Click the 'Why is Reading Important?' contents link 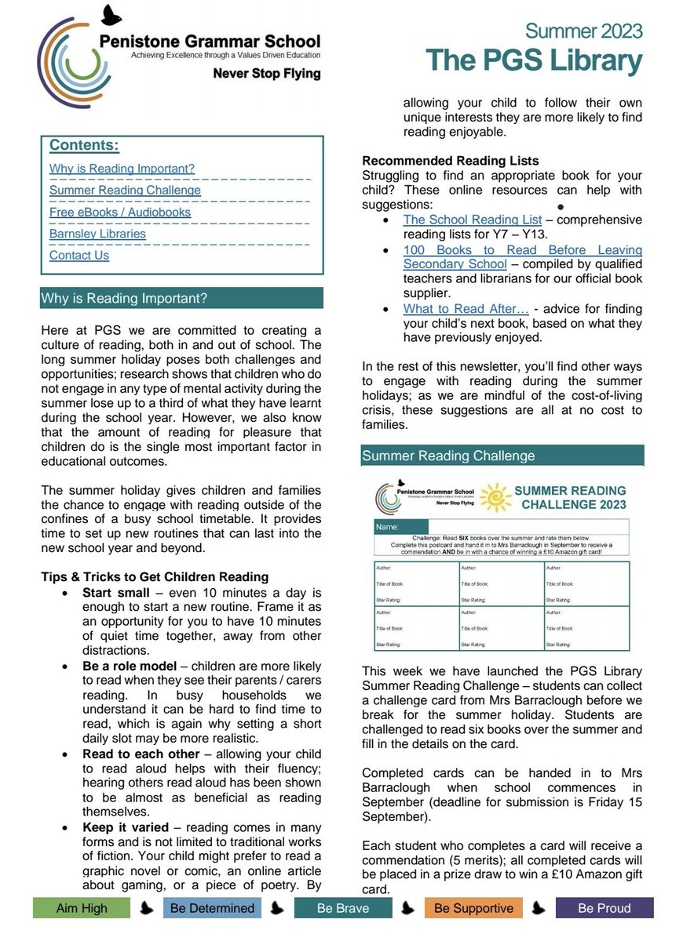click(x=122, y=169)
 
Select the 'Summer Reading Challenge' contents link click(x=125, y=190)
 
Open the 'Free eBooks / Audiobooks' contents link click(x=119, y=212)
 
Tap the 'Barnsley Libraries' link click(x=97, y=234)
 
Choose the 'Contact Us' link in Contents click(x=79, y=255)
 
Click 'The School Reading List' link click(x=473, y=220)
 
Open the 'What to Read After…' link click(x=466, y=309)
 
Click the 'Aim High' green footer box click(x=82, y=908)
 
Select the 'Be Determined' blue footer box click(x=212, y=908)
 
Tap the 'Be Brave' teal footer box click(x=342, y=908)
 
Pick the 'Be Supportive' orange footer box click(x=473, y=908)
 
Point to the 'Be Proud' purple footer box click(x=604, y=908)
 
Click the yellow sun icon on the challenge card click(x=495, y=497)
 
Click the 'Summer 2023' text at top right click(x=583, y=31)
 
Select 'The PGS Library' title click(x=534, y=60)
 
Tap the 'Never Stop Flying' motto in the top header click(x=267, y=74)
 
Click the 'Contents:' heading click(x=84, y=145)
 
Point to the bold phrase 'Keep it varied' click(x=126, y=827)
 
